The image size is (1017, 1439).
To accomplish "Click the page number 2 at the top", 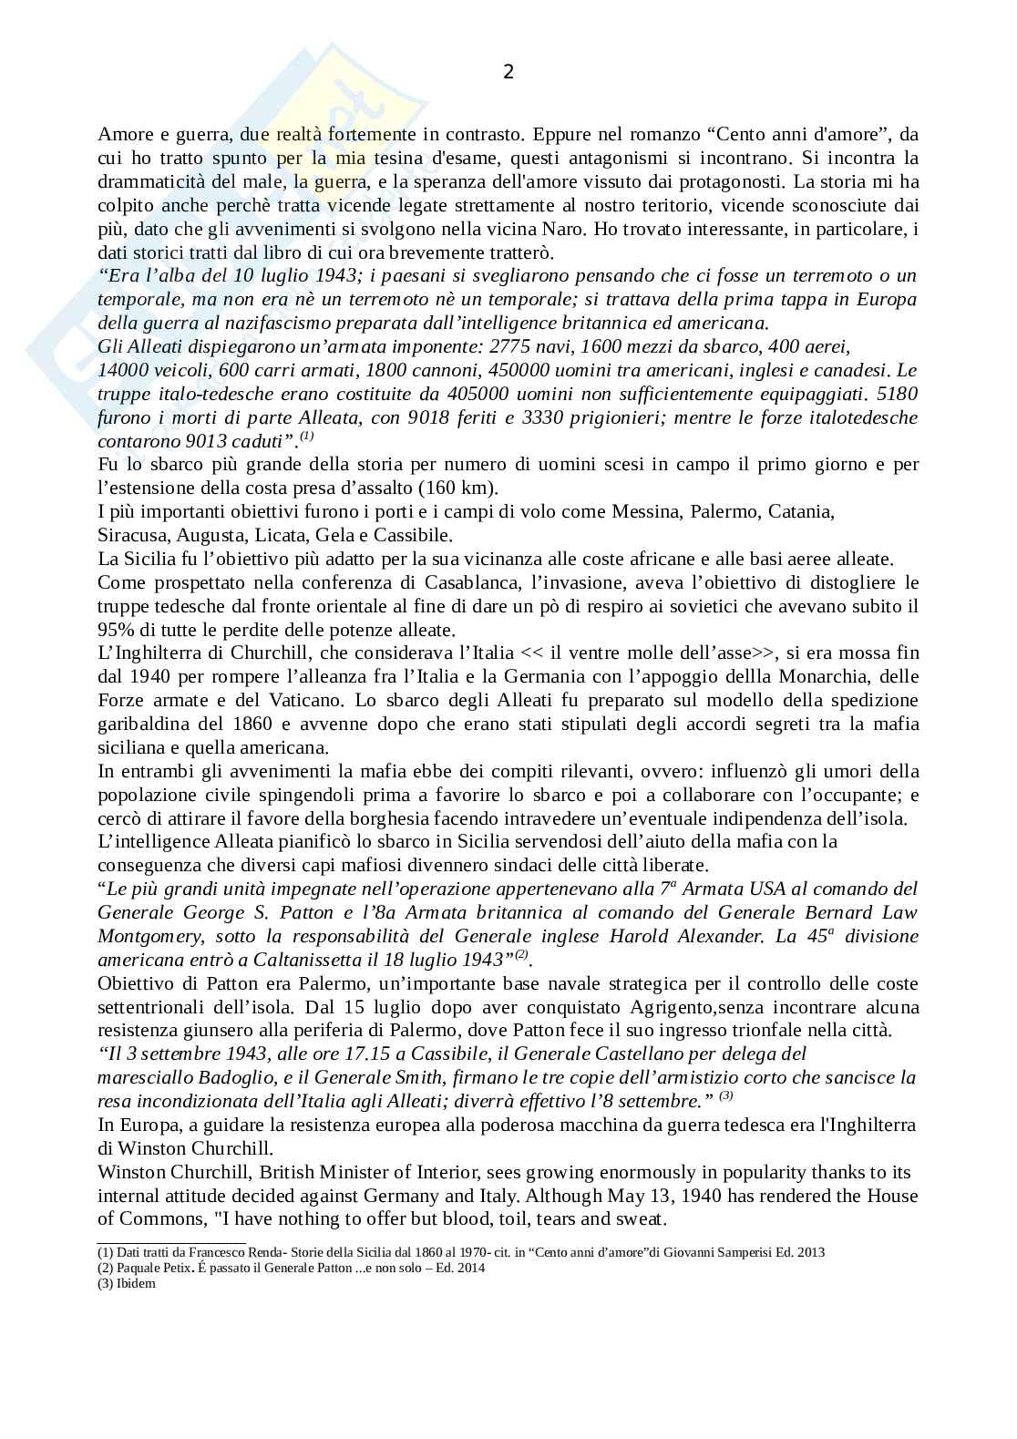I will tap(508, 71).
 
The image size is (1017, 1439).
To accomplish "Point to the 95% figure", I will tap(116, 630).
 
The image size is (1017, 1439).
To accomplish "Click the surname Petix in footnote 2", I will tap(174, 1268).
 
